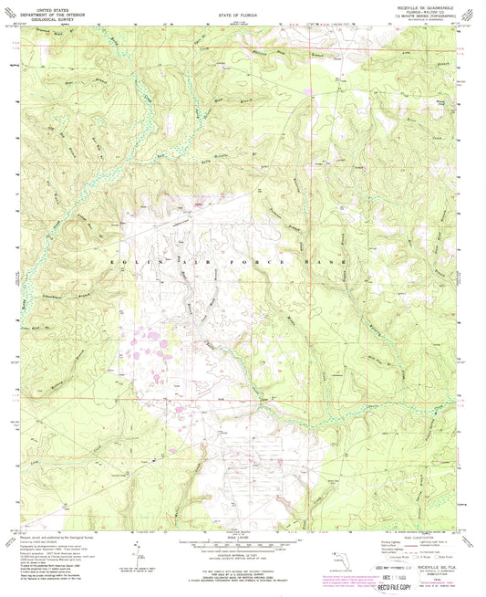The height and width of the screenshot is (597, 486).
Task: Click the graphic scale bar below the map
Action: (x=240, y=538)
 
